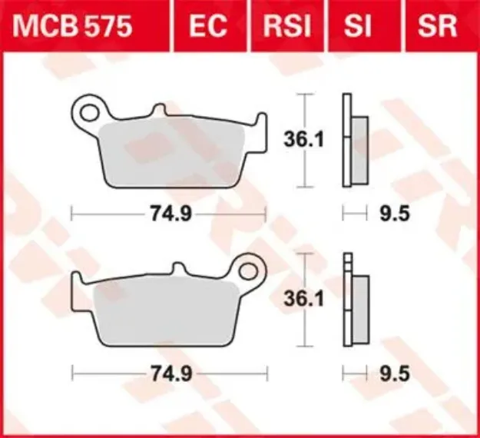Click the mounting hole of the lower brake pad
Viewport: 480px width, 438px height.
(x=249, y=270)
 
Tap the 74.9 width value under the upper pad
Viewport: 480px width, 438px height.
(x=170, y=214)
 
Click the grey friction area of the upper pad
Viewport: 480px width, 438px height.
(x=173, y=154)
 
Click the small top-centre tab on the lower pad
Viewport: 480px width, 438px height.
(x=179, y=270)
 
